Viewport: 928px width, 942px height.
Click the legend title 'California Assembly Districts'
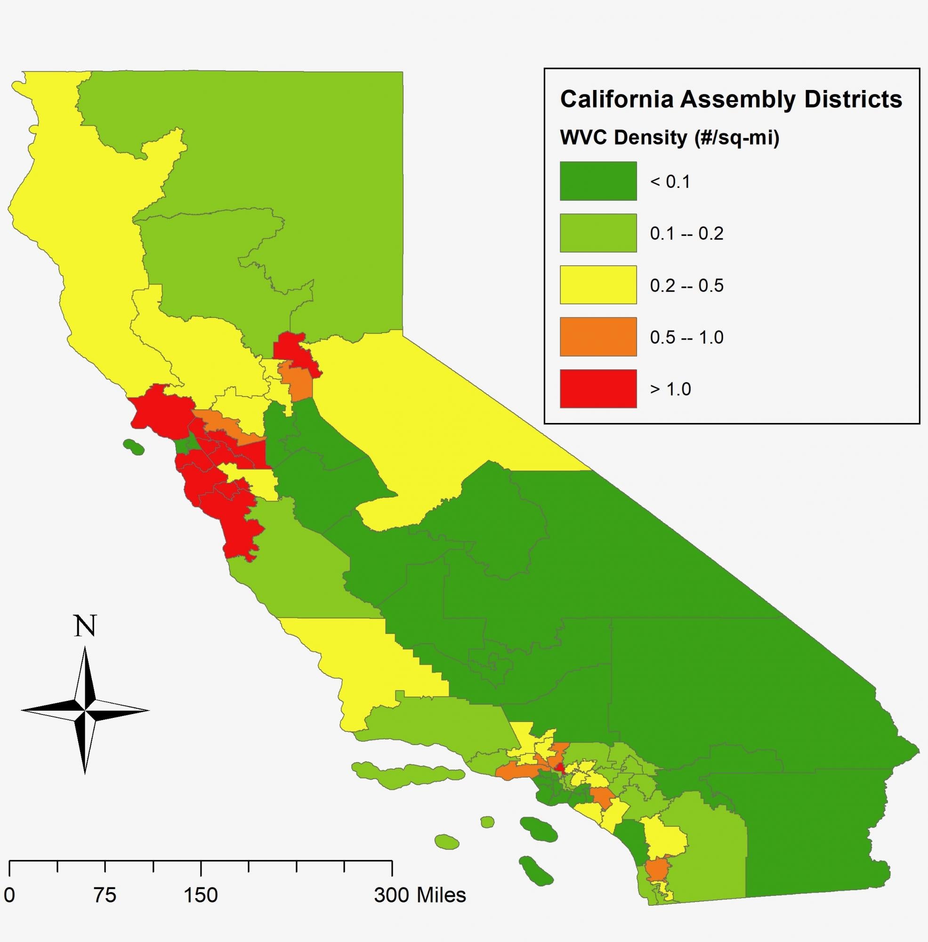tap(731, 99)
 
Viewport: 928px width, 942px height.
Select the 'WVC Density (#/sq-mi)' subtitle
tap(670, 138)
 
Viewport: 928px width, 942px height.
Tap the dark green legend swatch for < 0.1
tap(598, 181)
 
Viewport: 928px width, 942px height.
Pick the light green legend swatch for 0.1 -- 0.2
tap(598, 233)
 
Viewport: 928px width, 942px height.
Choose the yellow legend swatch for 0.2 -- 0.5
tap(598, 285)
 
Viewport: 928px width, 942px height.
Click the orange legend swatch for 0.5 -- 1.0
tap(598, 337)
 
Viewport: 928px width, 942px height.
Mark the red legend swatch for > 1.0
tap(598, 389)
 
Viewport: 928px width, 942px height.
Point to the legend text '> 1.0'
tap(670, 389)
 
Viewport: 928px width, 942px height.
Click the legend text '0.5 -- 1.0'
tap(686, 337)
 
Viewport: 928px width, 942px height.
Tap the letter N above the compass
tap(85, 626)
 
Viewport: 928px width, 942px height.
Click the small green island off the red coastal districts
tap(134, 447)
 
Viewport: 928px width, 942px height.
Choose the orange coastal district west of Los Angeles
tap(516, 771)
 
